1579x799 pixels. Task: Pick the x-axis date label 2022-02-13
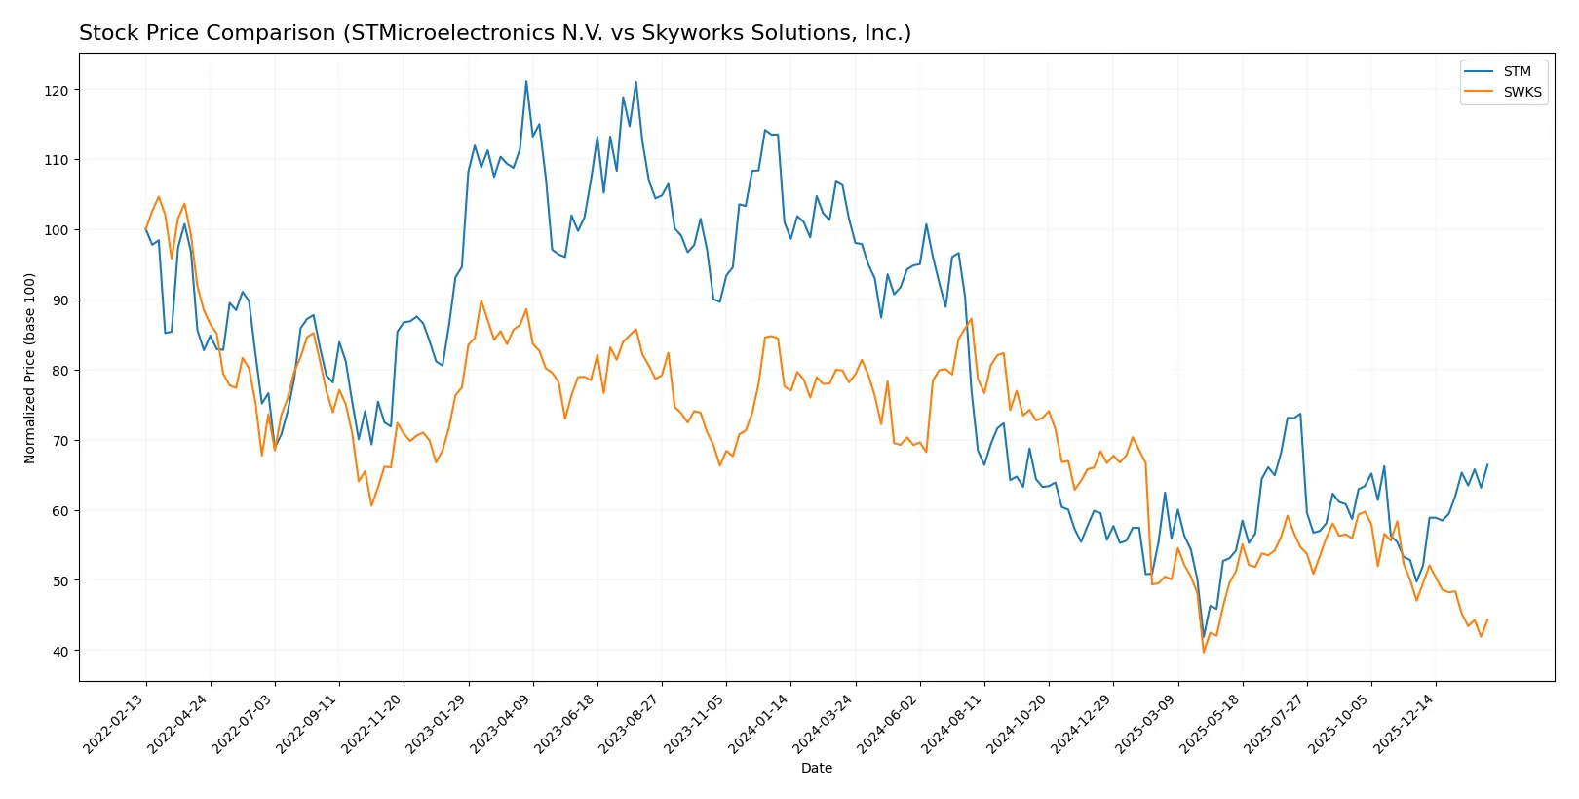115,724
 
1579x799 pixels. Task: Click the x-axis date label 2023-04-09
502,724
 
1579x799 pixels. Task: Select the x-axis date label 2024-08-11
953,724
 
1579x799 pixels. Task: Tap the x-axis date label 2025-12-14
1405,724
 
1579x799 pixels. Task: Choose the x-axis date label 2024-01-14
759,724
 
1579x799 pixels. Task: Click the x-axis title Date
817,769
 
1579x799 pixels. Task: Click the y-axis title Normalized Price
30,368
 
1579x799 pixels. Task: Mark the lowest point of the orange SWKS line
1204,652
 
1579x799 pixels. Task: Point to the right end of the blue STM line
1487,465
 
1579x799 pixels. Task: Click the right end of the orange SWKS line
1487,619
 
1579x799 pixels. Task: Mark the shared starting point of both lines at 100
146,229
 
